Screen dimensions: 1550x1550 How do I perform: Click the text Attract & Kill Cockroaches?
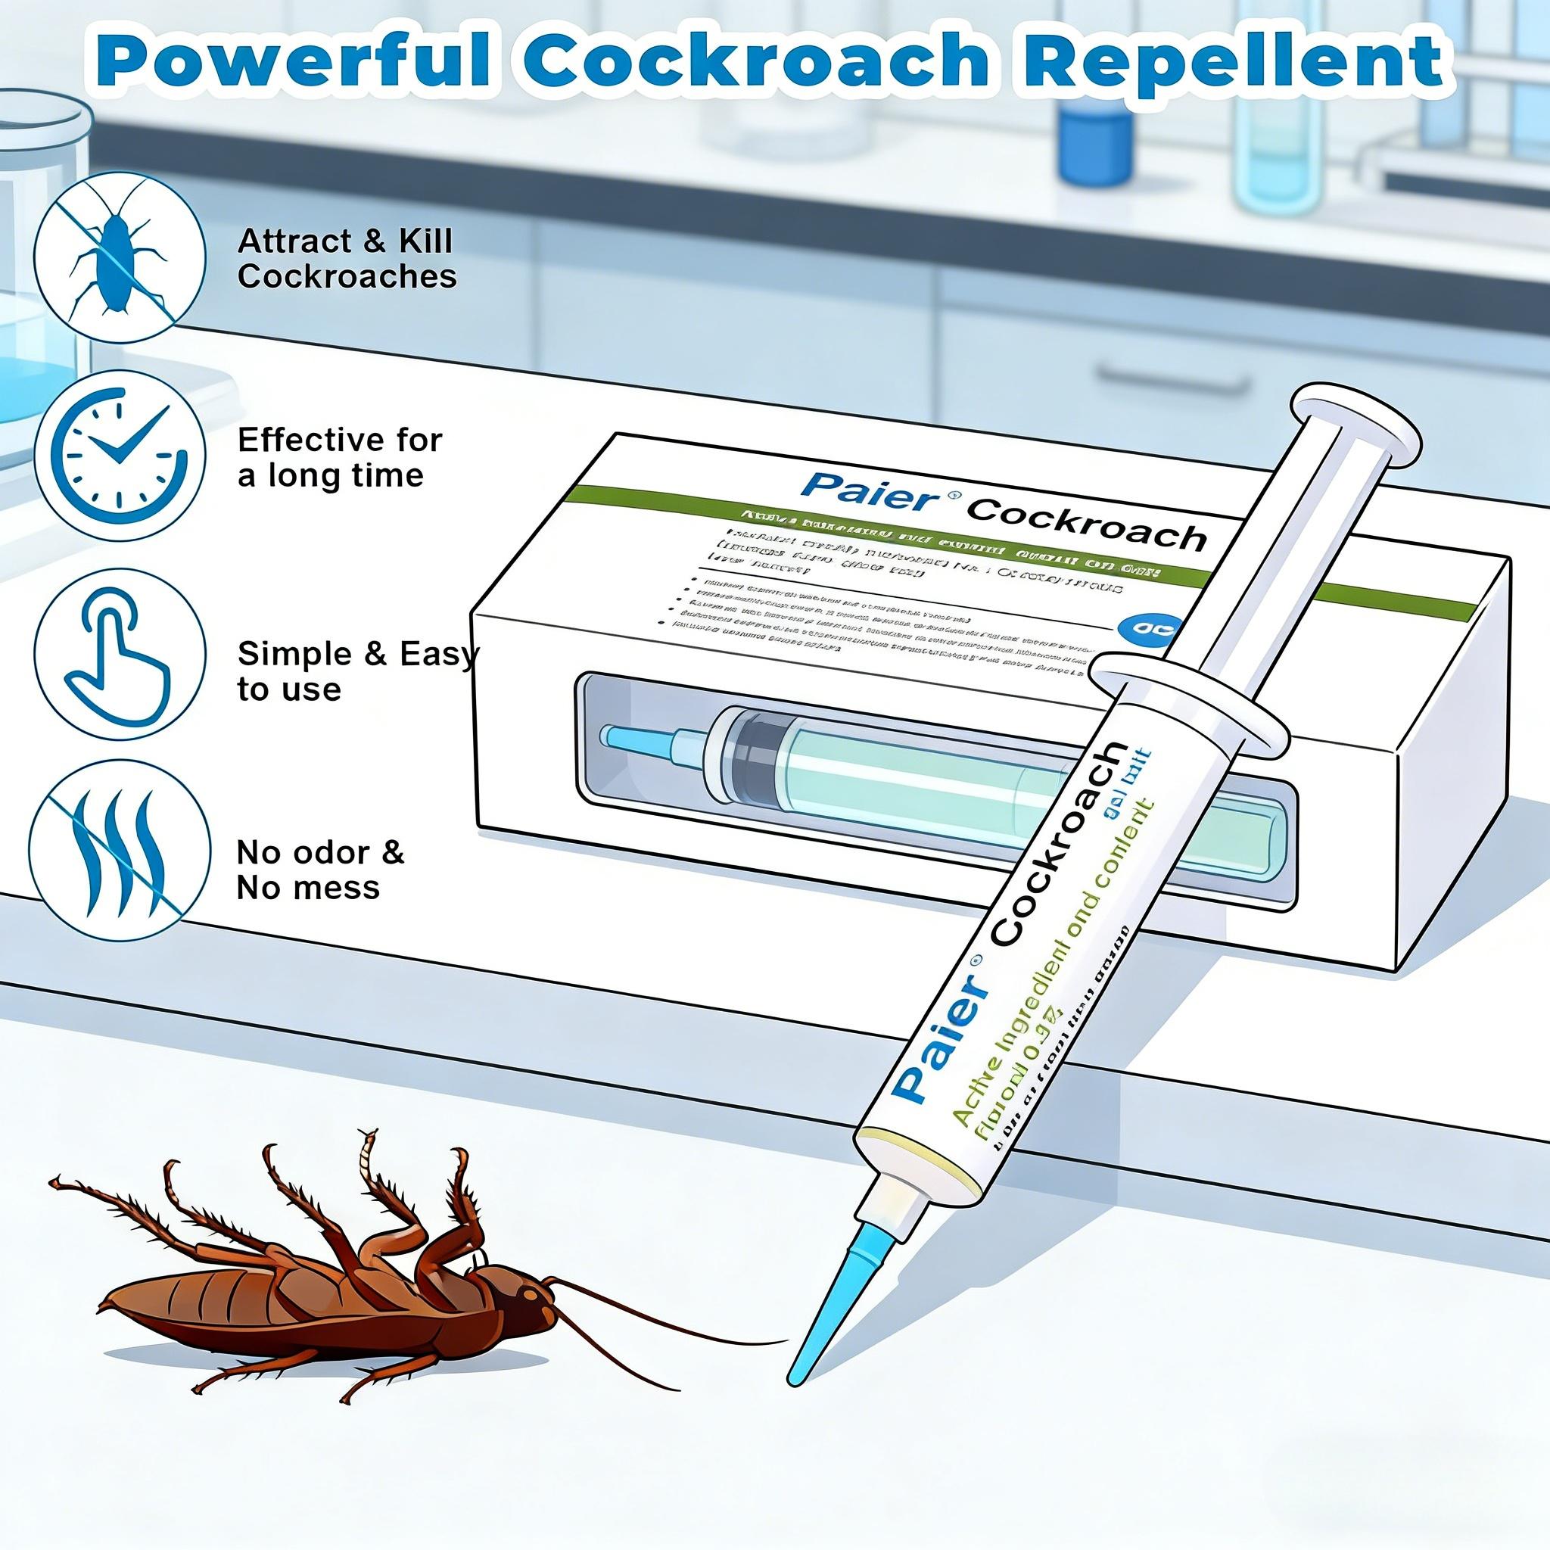[347, 258]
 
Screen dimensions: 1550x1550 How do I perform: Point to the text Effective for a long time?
[338, 457]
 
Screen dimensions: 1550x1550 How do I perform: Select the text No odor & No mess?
[319, 870]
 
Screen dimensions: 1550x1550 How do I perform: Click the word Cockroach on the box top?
[1088, 525]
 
